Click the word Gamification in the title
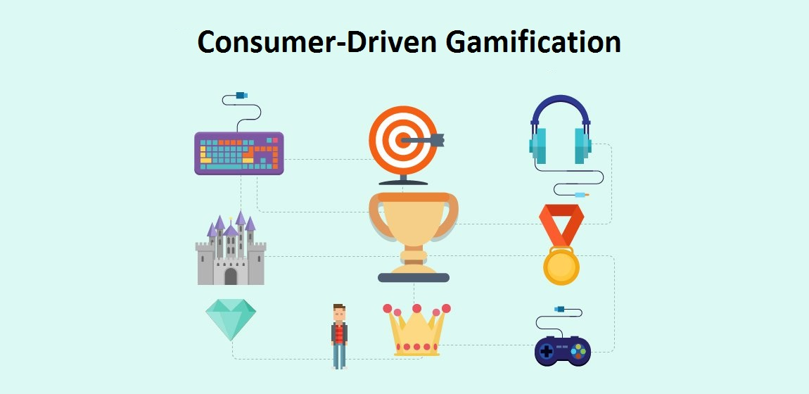coord(533,42)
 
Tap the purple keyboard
coord(239,153)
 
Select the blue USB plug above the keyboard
coord(242,94)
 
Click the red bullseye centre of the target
coord(401,140)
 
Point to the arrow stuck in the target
coord(426,140)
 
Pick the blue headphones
coord(560,134)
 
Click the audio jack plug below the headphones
coord(581,195)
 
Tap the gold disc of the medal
coord(561,267)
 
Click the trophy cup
coord(413,225)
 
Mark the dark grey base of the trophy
coord(413,278)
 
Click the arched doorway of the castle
coord(231,276)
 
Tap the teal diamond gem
coord(231,318)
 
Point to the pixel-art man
coord(340,336)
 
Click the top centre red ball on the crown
coord(416,308)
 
